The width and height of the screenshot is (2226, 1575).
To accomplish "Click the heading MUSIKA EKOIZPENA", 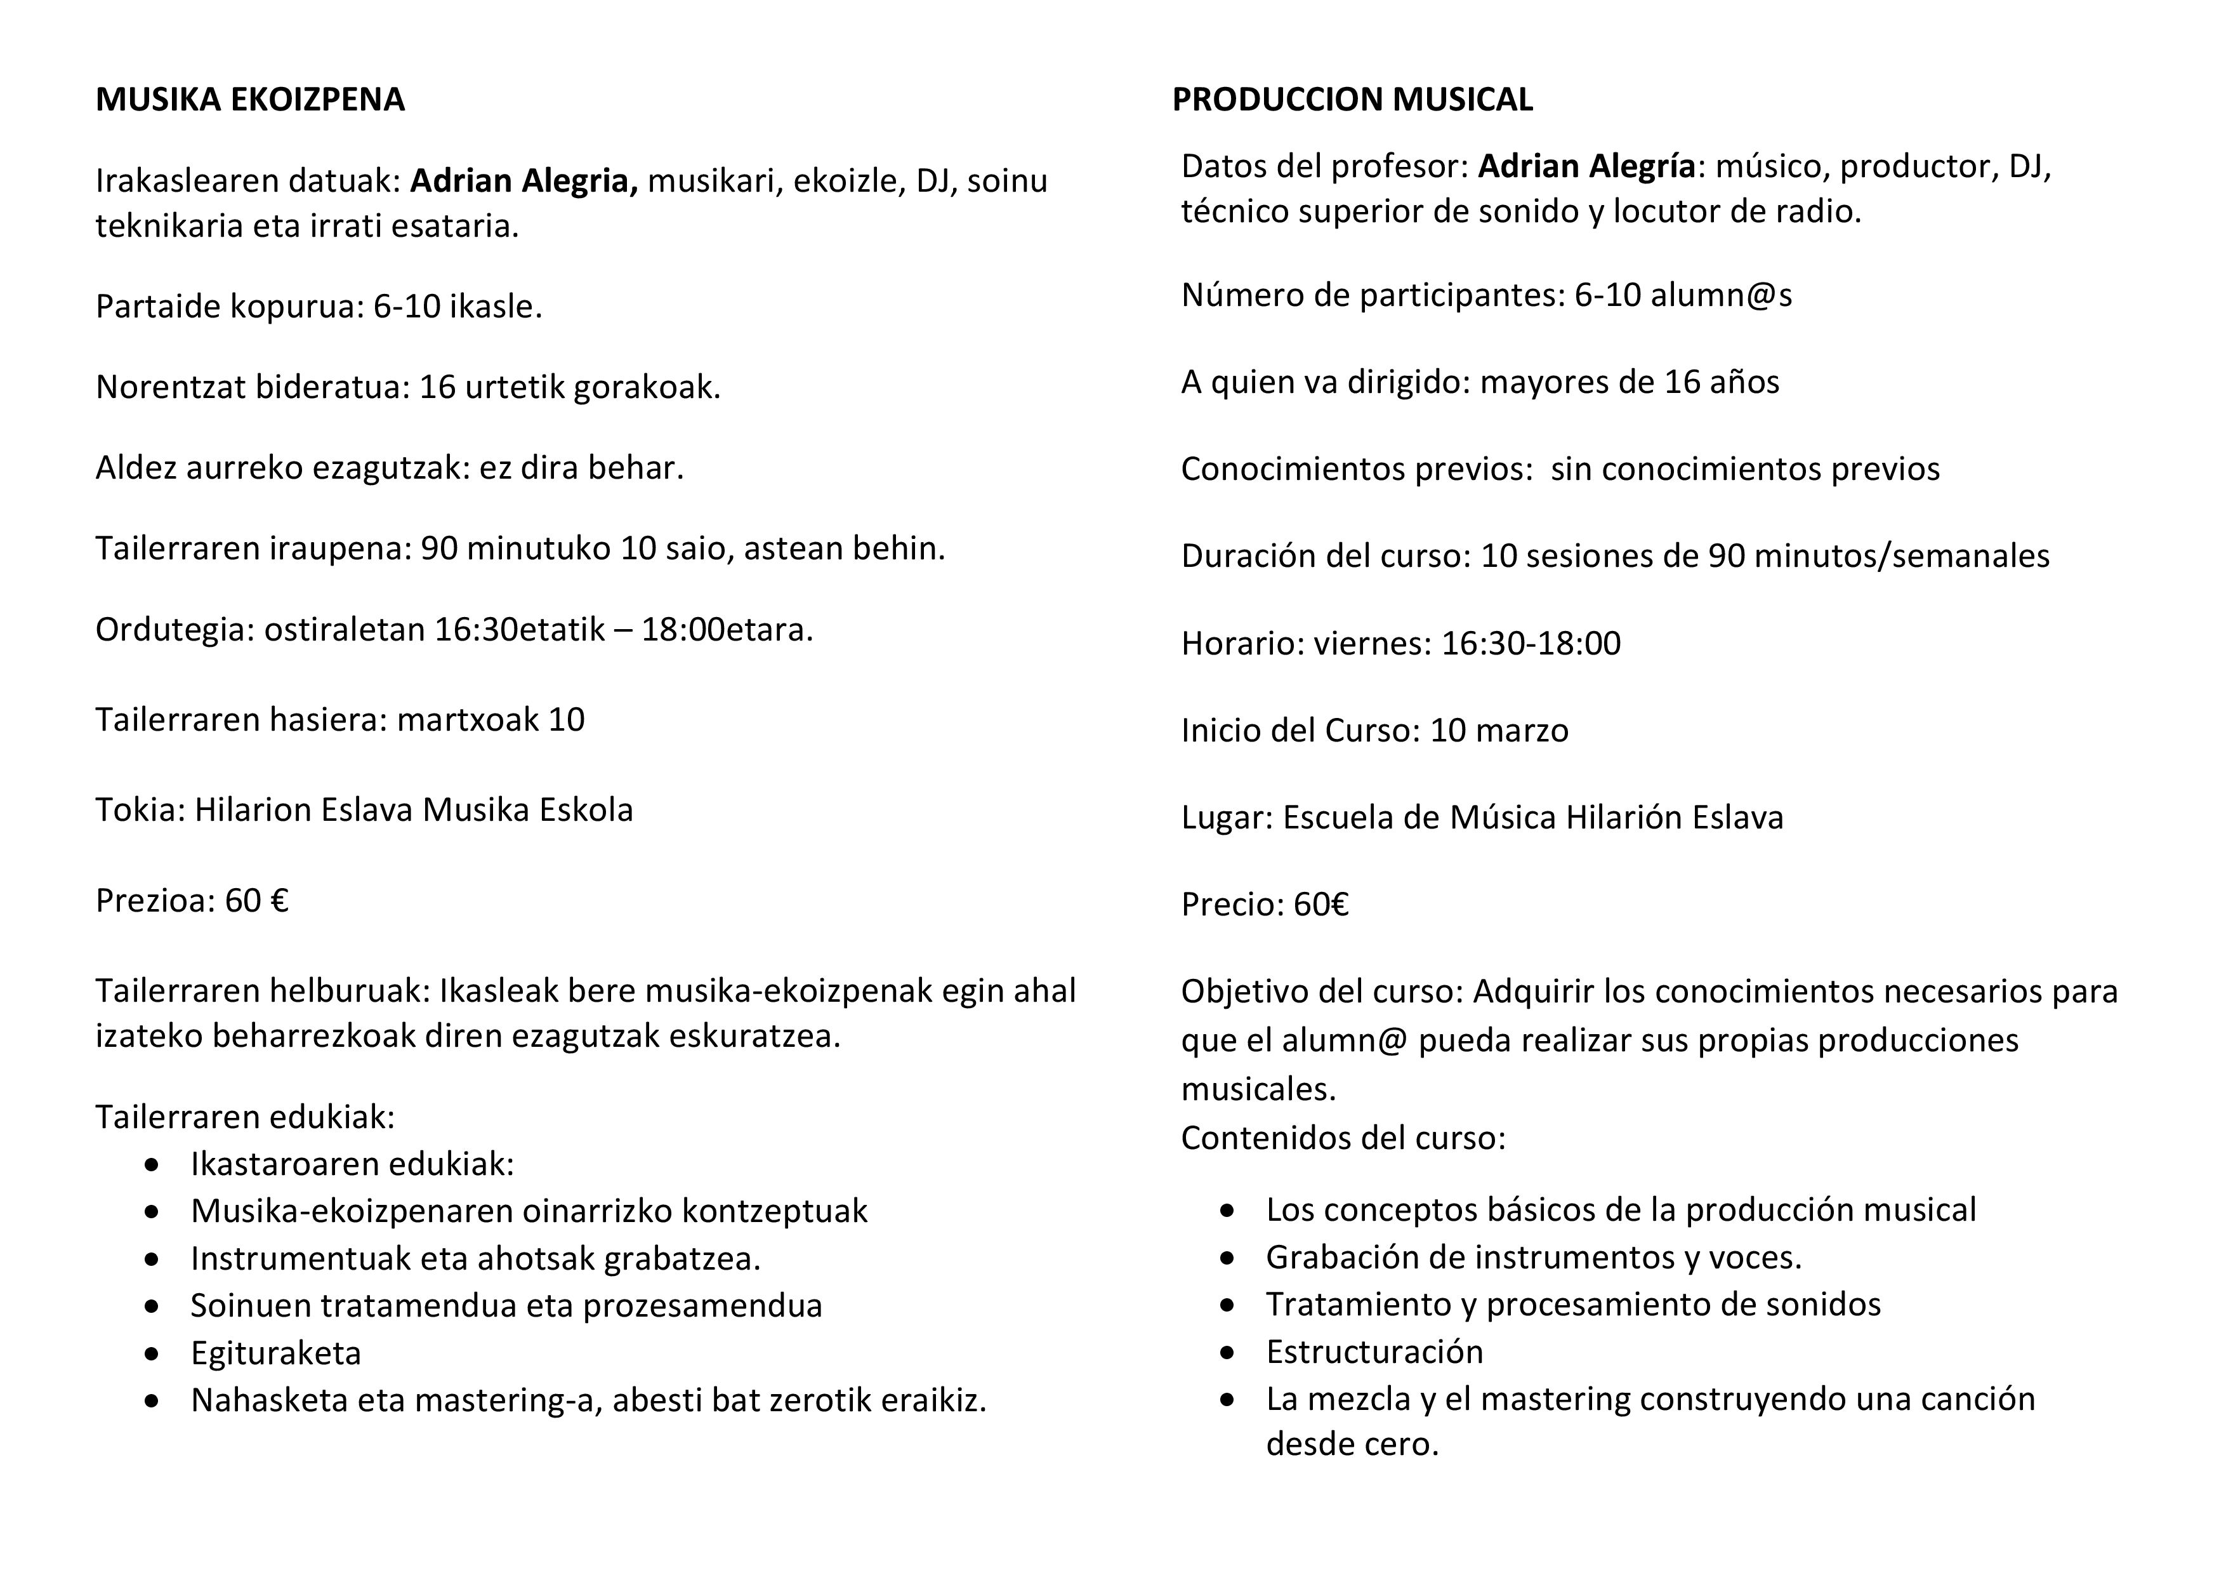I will [249, 100].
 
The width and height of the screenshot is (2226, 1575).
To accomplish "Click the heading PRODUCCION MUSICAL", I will [1352, 100].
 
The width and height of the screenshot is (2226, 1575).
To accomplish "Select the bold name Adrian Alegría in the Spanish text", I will [1586, 167].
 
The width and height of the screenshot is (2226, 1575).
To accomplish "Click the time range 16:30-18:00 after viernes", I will [1531, 644].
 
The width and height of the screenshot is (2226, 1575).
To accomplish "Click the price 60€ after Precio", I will [1320, 905].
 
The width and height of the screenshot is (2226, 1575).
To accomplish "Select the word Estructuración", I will [1374, 1352].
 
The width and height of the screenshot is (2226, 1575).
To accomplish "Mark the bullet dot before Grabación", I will [1228, 1258].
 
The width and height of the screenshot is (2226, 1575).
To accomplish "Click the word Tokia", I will [138, 810].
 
